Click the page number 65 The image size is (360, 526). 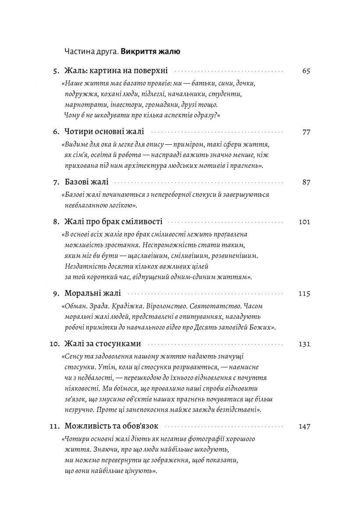(306, 71)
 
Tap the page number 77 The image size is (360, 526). (306, 131)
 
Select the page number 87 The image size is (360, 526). (306, 182)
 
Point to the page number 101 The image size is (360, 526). (304, 222)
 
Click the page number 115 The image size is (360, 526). (304, 294)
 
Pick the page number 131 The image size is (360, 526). (304, 344)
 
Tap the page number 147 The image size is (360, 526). (304, 426)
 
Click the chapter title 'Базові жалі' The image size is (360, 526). (86, 182)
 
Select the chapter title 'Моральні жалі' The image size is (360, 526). (92, 294)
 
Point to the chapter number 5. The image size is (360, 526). (55, 71)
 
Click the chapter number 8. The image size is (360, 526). (55, 222)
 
